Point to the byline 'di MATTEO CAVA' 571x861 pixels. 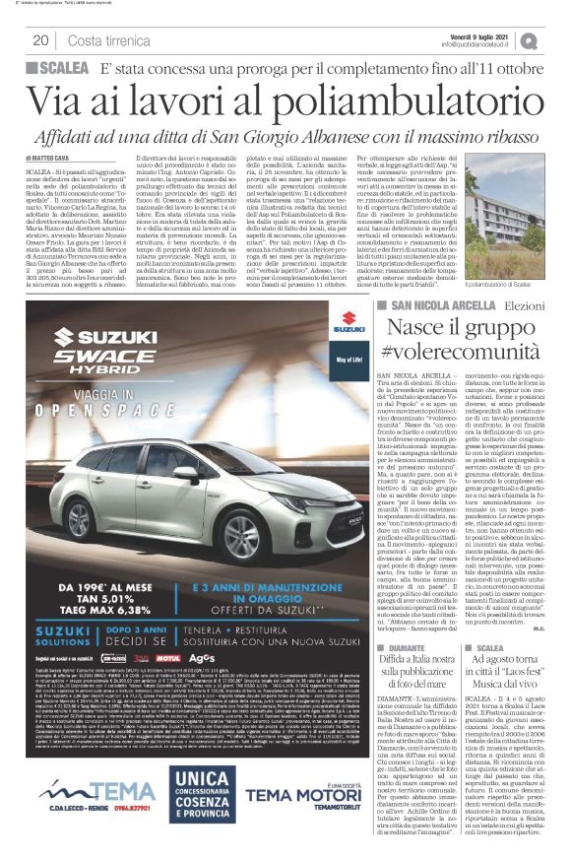point(51,155)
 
